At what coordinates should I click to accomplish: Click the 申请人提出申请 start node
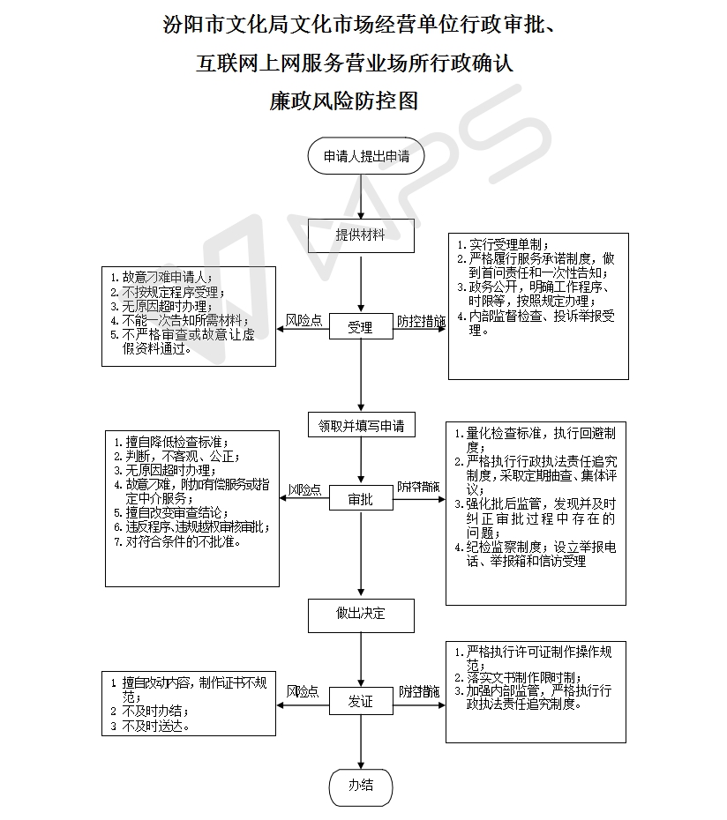pyautogui.click(x=366, y=157)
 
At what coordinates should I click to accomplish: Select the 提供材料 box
pyautogui.click(x=361, y=235)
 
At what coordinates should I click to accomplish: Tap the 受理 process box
pyautogui.click(x=360, y=327)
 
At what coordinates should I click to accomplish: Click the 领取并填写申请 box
pyautogui.click(x=361, y=426)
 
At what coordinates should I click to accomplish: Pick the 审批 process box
pyautogui.click(x=360, y=499)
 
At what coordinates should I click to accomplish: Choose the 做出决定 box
pyautogui.click(x=361, y=615)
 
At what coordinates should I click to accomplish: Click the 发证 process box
pyautogui.click(x=360, y=702)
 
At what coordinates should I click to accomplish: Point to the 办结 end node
pyautogui.click(x=361, y=785)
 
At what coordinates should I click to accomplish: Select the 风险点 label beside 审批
pyautogui.click(x=304, y=490)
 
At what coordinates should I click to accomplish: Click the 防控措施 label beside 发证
pyautogui.click(x=419, y=692)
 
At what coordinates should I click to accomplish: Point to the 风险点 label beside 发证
pyautogui.click(x=303, y=692)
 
